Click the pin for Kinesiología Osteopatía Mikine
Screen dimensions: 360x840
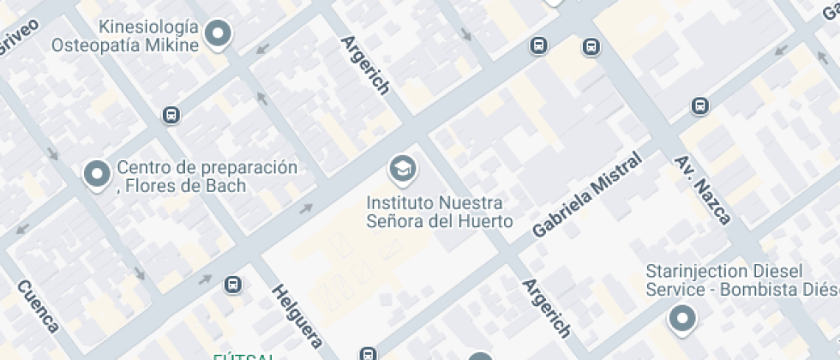[x=219, y=34]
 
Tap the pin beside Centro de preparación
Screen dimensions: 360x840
[x=96, y=174]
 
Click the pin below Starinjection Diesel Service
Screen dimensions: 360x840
[x=682, y=319]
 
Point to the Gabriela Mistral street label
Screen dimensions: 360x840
[x=586, y=196]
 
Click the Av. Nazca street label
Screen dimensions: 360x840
[x=702, y=189]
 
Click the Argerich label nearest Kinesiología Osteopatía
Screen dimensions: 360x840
[x=366, y=64]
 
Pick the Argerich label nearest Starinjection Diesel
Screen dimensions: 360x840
[x=547, y=307]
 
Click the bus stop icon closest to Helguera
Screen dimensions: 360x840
[x=232, y=284]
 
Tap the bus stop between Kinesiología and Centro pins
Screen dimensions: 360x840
[x=171, y=115]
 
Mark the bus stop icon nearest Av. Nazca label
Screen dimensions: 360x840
[x=699, y=106]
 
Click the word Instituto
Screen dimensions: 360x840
[x=400, y=203]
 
